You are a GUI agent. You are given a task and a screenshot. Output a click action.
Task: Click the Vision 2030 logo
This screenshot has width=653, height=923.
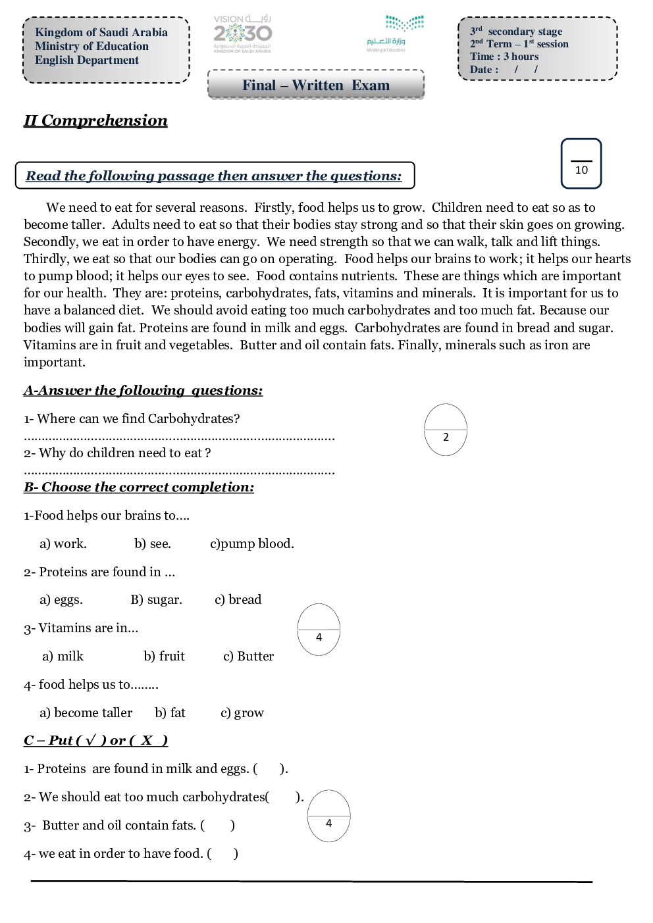coord(242,33)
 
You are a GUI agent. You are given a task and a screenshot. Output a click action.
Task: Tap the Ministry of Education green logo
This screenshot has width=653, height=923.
coord(396,32)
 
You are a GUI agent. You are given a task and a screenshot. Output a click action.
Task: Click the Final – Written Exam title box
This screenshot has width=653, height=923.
coord(316,85)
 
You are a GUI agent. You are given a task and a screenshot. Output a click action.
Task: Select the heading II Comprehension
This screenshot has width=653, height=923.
coord(95,120)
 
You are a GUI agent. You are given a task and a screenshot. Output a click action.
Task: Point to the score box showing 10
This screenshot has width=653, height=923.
coord(581,164)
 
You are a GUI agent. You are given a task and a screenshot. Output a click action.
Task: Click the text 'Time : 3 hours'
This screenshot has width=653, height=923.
coord(504,57)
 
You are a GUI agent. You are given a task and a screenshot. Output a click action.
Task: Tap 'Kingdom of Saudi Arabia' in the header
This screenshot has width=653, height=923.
coord(101,32)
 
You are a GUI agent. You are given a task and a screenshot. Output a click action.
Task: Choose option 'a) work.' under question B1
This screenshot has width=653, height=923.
coord(63,544)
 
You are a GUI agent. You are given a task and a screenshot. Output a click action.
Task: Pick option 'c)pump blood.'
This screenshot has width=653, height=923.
coord(252,544)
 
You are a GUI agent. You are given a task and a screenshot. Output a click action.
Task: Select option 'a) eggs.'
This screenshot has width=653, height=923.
coord(61,600)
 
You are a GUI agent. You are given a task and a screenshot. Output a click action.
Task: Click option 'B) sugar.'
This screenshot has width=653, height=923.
coord(156,600)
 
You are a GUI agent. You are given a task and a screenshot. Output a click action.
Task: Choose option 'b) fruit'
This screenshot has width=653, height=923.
coord(164,657)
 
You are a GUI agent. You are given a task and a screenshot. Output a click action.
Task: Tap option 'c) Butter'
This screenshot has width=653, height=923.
coord(248,657)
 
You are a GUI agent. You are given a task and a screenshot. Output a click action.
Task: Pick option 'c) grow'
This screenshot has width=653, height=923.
coord(242,713)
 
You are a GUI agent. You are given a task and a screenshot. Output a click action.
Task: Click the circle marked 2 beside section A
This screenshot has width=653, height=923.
coord(446,430)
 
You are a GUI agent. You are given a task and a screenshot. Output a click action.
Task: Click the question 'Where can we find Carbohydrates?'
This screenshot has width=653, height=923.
coord(132,419)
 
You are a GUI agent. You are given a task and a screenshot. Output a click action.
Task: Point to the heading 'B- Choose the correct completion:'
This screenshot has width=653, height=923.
coord(139,487)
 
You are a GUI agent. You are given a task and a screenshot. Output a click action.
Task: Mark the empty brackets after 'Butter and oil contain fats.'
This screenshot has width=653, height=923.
coord(218,826)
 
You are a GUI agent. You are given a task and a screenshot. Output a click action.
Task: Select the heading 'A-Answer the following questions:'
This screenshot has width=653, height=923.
coord(143,391)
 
